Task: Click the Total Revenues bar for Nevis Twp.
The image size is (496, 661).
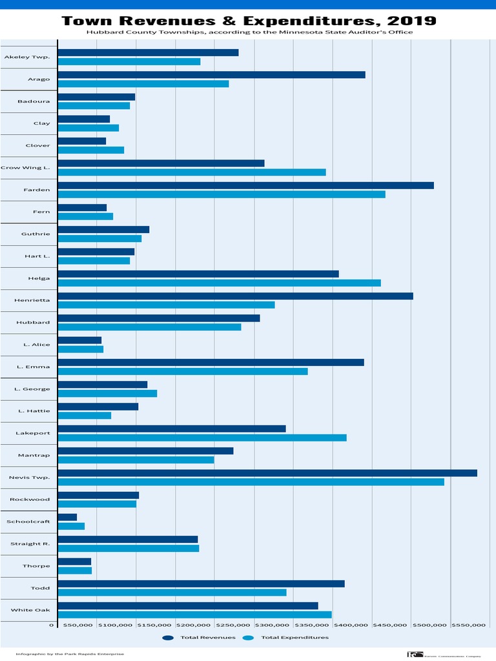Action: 267,473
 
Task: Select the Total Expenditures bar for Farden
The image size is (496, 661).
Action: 222,194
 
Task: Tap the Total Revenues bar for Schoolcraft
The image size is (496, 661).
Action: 68,517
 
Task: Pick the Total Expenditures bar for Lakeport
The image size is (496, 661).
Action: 202,438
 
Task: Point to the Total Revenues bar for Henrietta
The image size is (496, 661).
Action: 236,296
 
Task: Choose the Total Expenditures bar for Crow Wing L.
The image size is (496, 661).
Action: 192,172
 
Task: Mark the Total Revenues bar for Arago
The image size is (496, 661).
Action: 212,75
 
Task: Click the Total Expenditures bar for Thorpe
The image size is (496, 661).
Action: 75,571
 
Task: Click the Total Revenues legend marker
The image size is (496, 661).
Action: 168,638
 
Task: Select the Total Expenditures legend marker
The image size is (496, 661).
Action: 248,638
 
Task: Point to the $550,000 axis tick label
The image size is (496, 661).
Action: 468,625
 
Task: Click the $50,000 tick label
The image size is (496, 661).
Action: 77,625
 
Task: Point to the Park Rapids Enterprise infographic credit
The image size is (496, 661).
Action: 70,654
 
